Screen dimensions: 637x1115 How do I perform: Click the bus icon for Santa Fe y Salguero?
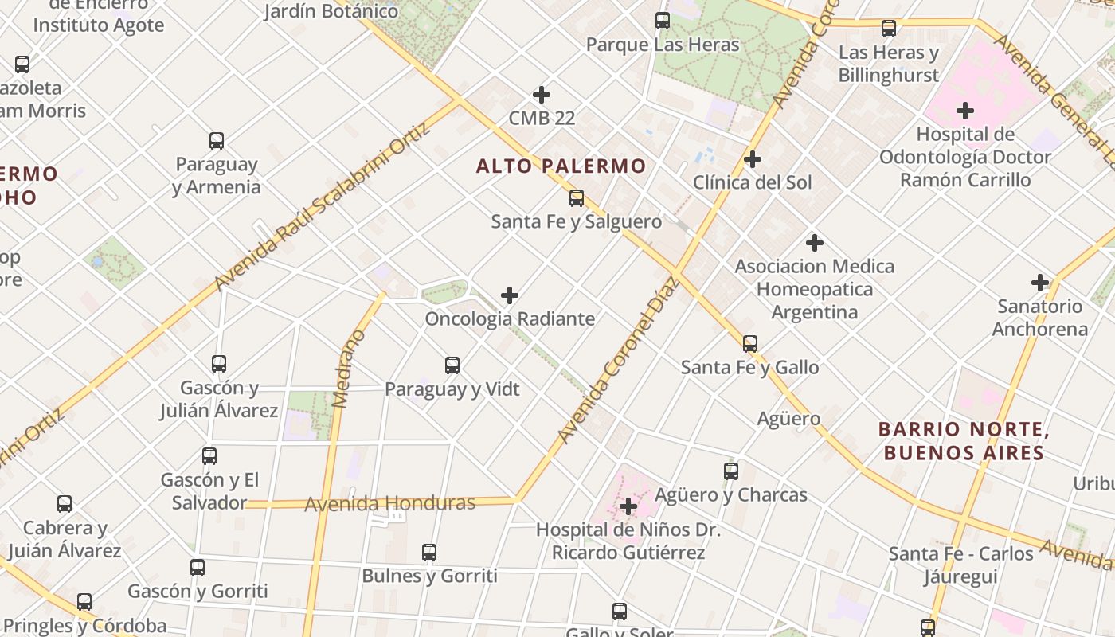[x=577, y=198]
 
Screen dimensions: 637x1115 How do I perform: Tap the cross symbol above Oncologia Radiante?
[x=510, y=295]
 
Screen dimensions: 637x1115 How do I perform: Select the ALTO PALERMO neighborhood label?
[x=561, y=166]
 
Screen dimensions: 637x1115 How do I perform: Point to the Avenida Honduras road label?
[x=390, y=503]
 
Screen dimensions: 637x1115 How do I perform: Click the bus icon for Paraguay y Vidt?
[x=452, y=365]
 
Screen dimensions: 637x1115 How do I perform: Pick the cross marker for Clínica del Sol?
[x=752, y=159]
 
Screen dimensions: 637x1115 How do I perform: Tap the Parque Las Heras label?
[x=663, y=45]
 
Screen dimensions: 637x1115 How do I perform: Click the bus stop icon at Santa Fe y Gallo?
[x=750, y=344]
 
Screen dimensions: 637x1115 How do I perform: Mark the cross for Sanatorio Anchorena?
[x=1040, y=282]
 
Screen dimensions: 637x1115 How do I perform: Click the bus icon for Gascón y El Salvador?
[x=209, y=456]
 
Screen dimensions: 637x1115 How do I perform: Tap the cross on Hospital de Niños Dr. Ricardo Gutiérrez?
[x=628, y=506]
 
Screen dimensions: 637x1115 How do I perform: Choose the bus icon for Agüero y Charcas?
[x=731, y=471]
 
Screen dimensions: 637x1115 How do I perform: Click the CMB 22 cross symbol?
[x=542, y=95]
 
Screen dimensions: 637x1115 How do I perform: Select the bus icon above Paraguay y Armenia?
[x=217, y=141]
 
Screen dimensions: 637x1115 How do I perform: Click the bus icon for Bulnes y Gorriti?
[x=429, y=553]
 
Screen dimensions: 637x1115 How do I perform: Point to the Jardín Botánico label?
[x=331, y=11]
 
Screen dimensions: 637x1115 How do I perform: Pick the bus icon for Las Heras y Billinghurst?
[x=889, y=29]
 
